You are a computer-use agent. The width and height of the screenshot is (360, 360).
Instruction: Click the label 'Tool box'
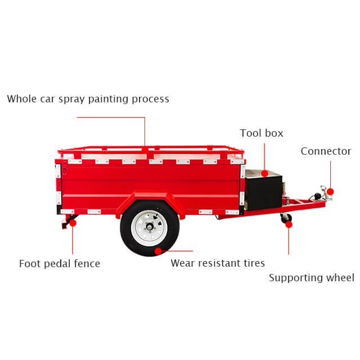[x=262, y=133]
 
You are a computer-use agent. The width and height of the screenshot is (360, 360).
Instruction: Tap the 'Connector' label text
[x=326, y=151]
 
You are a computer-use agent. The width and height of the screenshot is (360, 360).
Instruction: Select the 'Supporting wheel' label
[x=312, y=278]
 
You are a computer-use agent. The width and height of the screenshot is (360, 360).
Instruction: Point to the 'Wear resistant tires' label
[x=218, y=263]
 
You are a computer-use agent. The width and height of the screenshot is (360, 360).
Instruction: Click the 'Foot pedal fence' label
[x=60, y=264]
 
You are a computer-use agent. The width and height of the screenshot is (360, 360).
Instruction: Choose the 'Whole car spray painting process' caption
[x=88, y=99]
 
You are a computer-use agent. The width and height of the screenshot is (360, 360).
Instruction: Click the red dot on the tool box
[x=264, y=173]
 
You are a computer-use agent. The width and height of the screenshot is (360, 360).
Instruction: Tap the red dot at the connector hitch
[x=330, y=191]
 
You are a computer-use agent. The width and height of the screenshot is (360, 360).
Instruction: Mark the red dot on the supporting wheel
[x=289, y=224]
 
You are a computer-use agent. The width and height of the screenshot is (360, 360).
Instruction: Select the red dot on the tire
[x=158, y=251]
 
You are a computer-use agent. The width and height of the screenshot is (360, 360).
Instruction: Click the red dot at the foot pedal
[x=73, y=223]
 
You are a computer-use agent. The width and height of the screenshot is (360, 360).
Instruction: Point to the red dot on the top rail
[x=145, y=151]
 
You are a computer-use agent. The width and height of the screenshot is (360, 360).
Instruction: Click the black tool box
[x=264, y=190]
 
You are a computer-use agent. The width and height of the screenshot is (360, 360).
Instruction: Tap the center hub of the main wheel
[x=150, y=227]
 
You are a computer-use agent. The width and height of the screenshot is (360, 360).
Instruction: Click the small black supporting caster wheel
[x=286, y=218]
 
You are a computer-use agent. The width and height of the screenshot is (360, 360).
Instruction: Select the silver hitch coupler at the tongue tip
[x=326, y=193]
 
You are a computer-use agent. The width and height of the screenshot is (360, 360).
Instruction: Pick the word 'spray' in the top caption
[x=71, y=100]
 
